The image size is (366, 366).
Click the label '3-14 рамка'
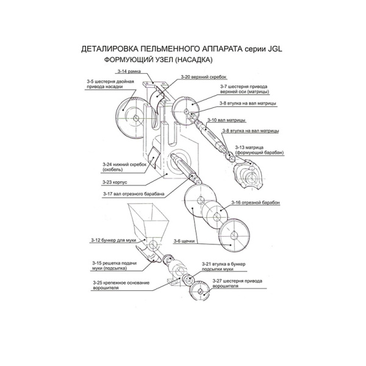129,71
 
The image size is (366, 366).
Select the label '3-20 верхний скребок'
204,77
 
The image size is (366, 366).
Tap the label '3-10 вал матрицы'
226,120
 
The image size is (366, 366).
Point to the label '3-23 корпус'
115,182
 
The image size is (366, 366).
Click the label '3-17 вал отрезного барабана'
134,194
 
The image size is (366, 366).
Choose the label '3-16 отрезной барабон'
256,203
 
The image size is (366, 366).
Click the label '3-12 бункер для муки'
113,240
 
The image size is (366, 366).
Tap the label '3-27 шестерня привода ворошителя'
237,284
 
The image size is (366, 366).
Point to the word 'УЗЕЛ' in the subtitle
162,60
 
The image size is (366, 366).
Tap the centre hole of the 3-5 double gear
135,118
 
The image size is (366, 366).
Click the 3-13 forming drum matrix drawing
248,174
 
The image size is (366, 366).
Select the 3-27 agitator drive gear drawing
199,290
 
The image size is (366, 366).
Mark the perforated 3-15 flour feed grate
151,255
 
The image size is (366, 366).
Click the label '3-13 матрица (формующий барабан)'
259,150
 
